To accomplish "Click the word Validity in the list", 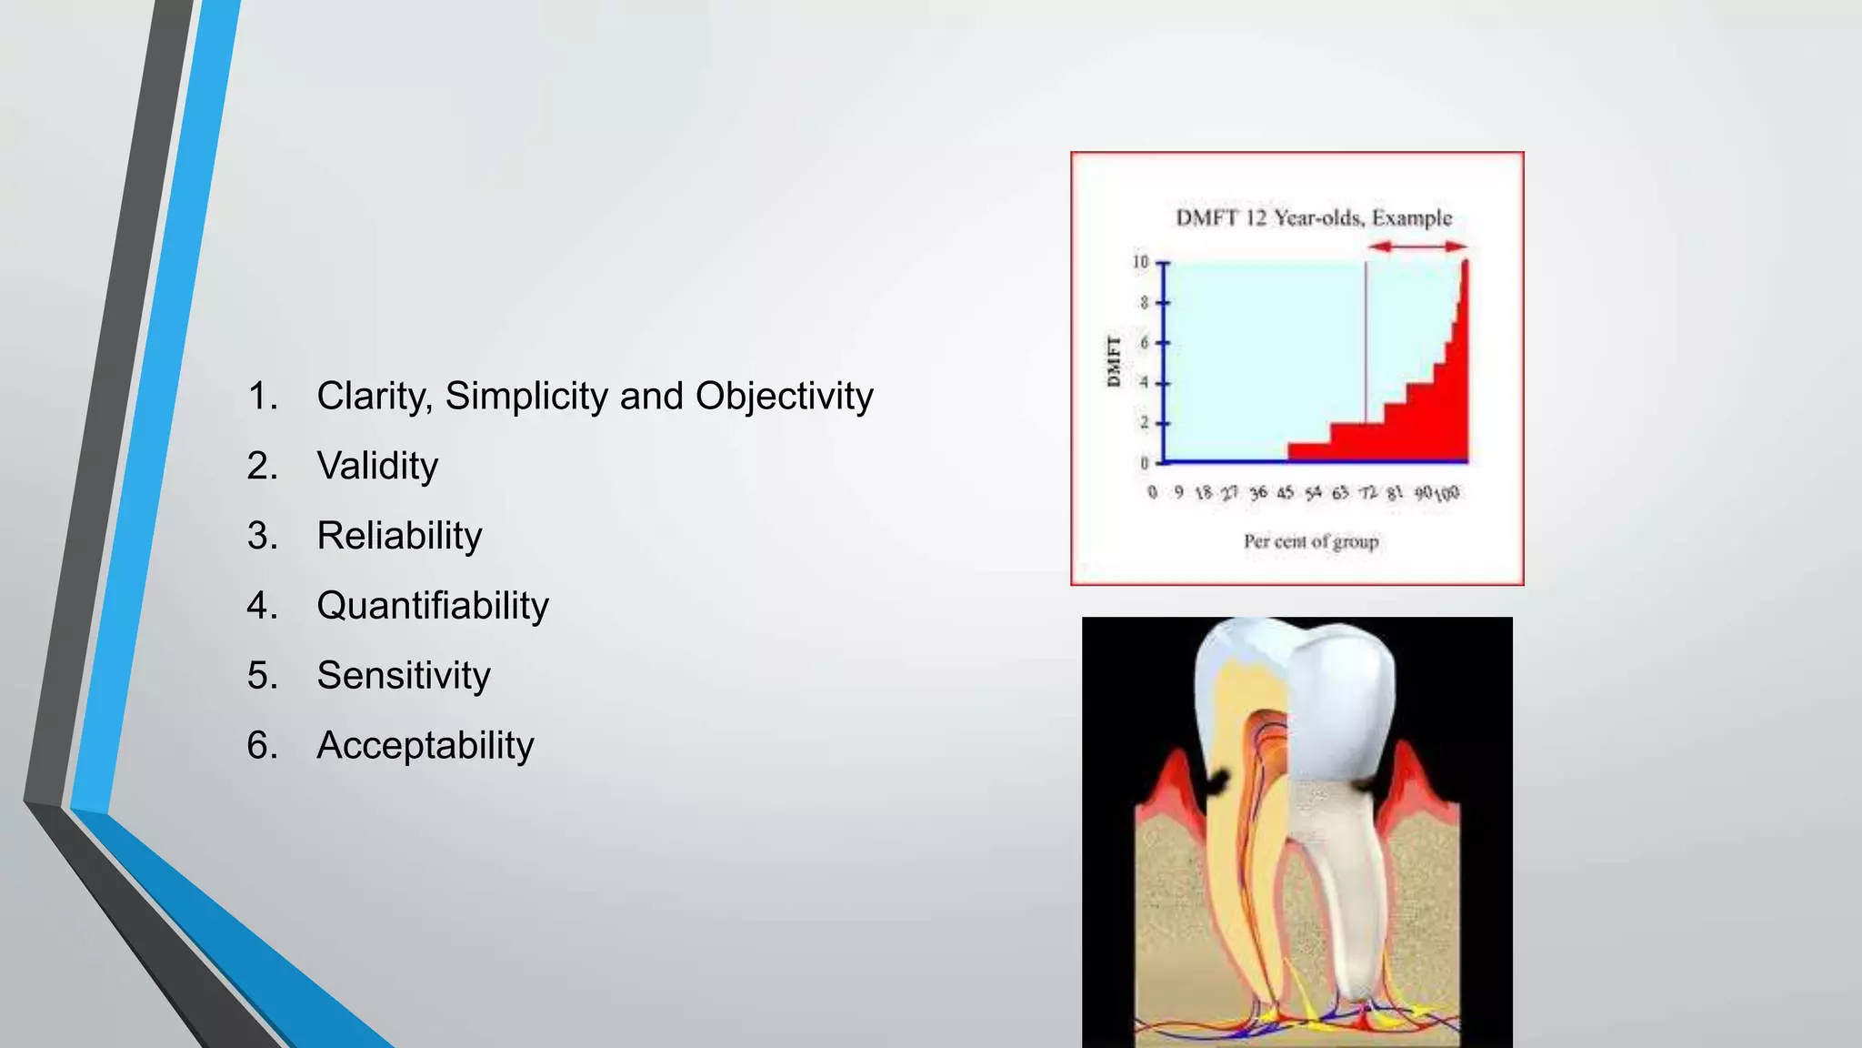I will tap(377, 466).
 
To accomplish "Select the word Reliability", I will tap(399, 536).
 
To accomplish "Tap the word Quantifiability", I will tap(433, 606).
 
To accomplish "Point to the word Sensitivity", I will tap(404, 676).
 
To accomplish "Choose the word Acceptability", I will tap(425, 746).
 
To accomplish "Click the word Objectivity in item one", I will tap(784, 396).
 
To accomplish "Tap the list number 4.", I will tap(261, 606).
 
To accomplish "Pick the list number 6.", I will tap(261, 746).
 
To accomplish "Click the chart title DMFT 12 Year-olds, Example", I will tap(1314, 218).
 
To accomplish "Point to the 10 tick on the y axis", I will tap(1140, 263).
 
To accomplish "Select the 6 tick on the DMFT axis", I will tap(1145, 343).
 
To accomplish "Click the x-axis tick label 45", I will tap(1285, 493).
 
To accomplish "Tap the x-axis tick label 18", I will tap(1204, 493).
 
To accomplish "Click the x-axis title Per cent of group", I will tap(1311, 542).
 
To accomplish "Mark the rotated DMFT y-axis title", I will tap(1114, 361).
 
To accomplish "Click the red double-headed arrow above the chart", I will tap(1417, 247).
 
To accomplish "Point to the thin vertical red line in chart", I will tap(1366, 346).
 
